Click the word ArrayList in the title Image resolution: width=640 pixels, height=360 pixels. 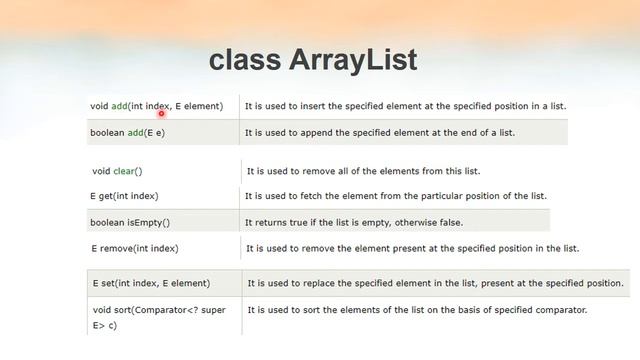(353, 59)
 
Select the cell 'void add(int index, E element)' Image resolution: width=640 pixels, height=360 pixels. (157, 106)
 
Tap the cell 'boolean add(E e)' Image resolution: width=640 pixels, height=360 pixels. (128, 132)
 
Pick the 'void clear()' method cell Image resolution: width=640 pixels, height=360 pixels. (117, 171)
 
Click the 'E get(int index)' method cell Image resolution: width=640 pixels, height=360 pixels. (124, 196)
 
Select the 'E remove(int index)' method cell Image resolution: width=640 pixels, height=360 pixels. (135, 248)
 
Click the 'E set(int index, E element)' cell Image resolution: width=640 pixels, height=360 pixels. (150, 284)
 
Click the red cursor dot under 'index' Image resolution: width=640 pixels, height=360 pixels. (160, 114)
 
